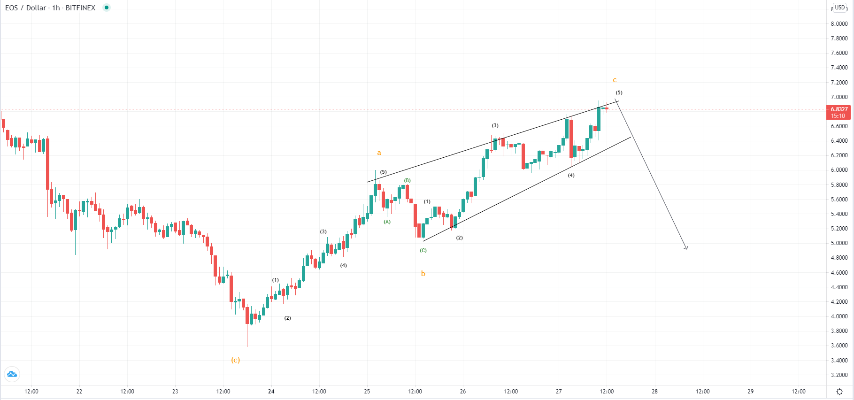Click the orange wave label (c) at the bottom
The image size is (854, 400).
[235, 360]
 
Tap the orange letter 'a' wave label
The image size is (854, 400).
[379, 153]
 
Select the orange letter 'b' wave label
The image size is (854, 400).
[423, 273]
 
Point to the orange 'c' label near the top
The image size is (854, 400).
[615, 80]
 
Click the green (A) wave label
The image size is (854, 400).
[387, 222]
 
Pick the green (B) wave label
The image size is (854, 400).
[408, 180]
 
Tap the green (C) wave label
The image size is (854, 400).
[423, 250]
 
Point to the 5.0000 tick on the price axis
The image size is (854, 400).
[839, 243]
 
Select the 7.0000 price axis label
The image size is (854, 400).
[839, 97]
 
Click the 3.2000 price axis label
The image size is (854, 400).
[839, 375]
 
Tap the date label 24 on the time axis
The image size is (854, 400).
[271, 391]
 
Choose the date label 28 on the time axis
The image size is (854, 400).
[654, 391]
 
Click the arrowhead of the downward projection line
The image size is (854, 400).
[686, 248]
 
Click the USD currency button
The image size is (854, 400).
[840, 8]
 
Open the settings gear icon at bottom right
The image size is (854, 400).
[839, 392]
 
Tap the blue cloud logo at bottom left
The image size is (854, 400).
[12, 374]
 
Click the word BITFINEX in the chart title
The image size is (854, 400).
[80, 8]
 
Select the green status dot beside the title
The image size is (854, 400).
[107, 8]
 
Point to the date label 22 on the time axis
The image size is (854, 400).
[79, 391]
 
